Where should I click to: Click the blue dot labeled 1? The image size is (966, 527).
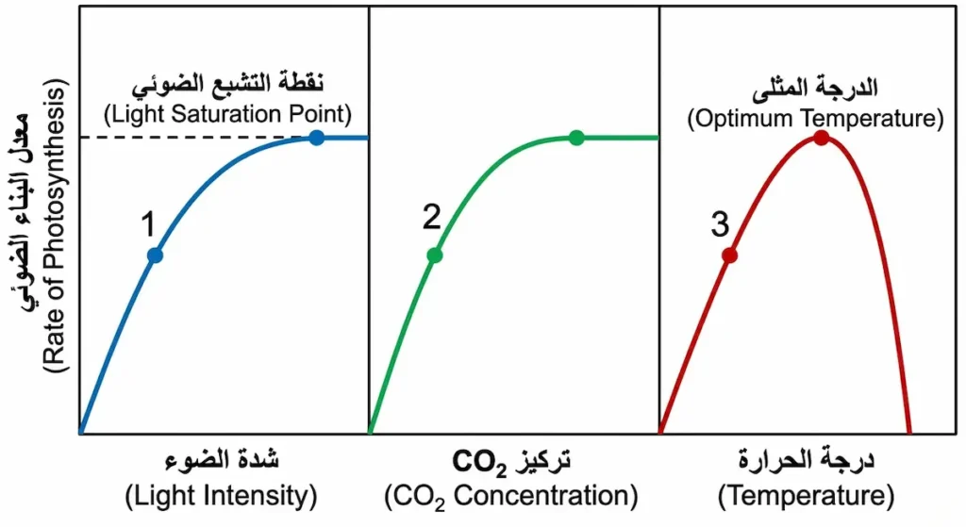pyautogui.click(x=156, y=255)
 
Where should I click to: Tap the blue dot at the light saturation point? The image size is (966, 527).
pyautogui.click(x=317, y=138)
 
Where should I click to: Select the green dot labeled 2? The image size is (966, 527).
pyautogui.click(x=434, y=255)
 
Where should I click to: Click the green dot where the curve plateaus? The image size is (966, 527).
pyautogui.click(x=576, y=138)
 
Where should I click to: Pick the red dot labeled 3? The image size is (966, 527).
pyautogui.click(x=729, y=255)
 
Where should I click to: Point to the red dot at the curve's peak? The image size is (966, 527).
pyautogui.click(x=822, y=138)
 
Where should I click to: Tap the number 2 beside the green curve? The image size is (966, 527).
pyautogui.click(x=431, y=218)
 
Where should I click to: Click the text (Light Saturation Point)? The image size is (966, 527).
pyautogui.click(x=226, y=115)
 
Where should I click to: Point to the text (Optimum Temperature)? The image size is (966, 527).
pyautogui.click(x=815, y=119)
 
